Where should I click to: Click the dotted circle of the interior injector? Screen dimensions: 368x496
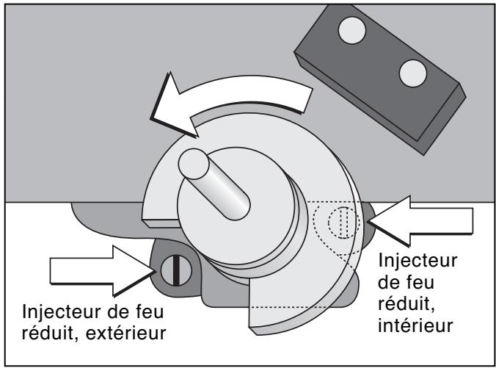pyautogui.click(x=340, y=223)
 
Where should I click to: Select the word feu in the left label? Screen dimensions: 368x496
pyautogui.click(x=147, y=309)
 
